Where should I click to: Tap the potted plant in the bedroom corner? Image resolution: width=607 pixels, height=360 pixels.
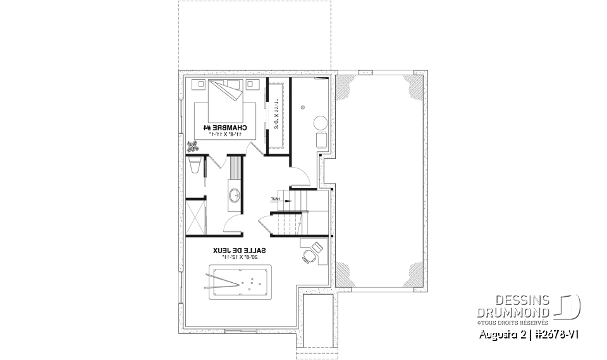click(x=192, y=147)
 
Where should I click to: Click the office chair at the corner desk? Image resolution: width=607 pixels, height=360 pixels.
click(x=308, y=256)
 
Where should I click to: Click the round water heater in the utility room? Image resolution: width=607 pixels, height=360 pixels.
click(x=321, y=122)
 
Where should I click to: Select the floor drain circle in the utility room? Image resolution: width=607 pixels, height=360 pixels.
click(x=303, y=107)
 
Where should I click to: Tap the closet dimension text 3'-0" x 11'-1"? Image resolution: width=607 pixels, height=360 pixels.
click(x=276, y=113)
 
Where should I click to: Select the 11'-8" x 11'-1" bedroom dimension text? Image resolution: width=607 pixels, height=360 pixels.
click(x=224, y=135)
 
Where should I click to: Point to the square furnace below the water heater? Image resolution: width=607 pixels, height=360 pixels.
click(x=321, y=140)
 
